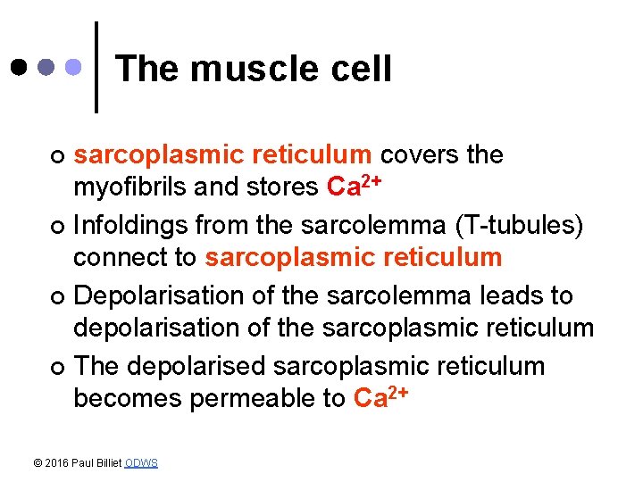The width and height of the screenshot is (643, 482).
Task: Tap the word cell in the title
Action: [362, 69]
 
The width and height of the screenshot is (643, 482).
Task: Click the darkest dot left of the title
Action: [19, 67]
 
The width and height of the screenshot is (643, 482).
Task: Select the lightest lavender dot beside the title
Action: [75, 67]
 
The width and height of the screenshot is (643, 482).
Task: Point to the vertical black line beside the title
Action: [96, 67]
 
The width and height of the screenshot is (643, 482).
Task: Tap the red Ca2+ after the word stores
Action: [355, 187]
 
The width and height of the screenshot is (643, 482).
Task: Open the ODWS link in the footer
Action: [141, 462]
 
